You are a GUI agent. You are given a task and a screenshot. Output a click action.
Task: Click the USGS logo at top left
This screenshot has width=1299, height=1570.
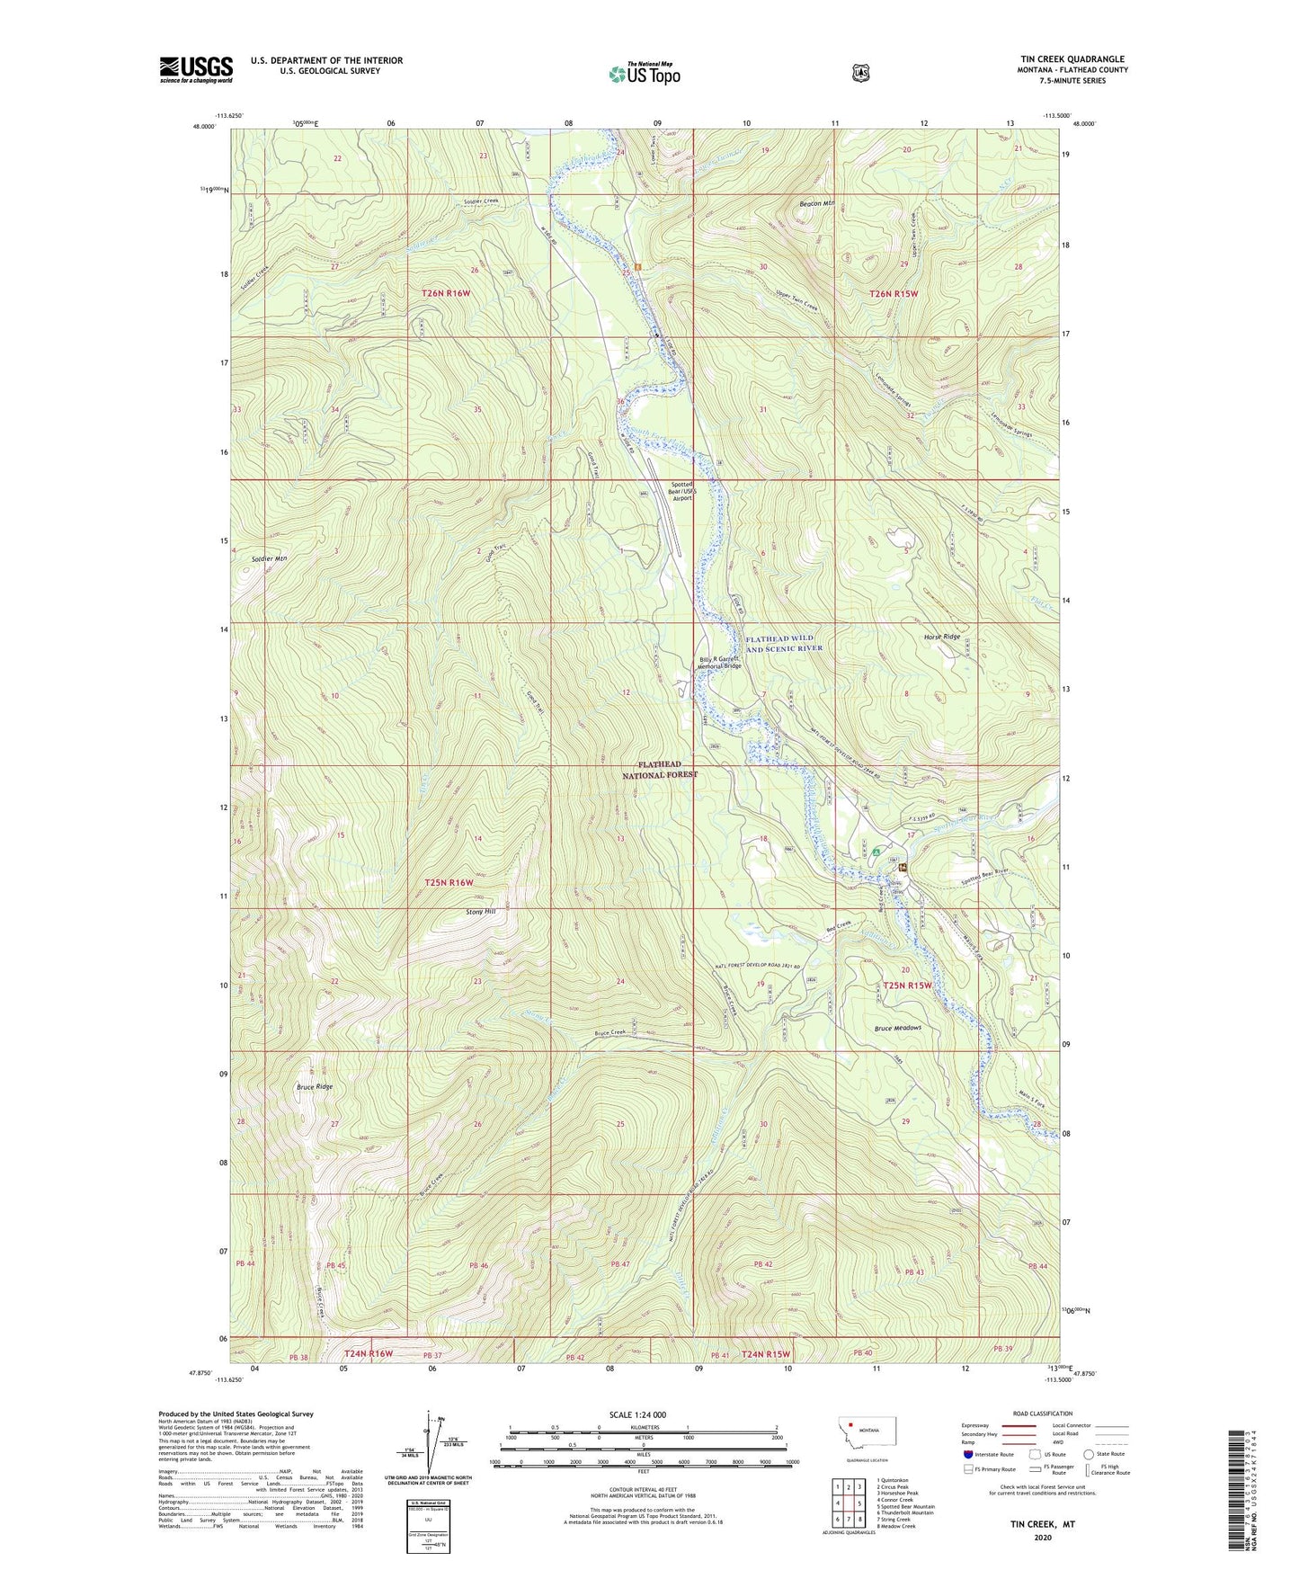click(196, 69)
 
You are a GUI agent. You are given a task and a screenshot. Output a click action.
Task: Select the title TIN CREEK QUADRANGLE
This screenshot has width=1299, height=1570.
click(1067, 59)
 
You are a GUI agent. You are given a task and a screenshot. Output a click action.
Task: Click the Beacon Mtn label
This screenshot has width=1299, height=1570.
click(817, 204)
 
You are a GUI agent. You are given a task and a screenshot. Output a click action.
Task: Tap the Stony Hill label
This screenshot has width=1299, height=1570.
click(481, 912)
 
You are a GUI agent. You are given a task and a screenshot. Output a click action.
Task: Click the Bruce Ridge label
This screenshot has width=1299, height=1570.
click(315, 1086)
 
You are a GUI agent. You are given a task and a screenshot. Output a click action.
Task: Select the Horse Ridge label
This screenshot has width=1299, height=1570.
click(942, 637)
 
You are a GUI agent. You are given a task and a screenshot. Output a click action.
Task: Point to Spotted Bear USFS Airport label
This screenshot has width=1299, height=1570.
click(682, 491)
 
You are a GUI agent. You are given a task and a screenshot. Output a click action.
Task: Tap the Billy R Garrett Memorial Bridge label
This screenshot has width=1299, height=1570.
click(720, 663)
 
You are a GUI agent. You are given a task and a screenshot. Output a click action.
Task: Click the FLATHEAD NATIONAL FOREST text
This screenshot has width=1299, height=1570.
click(661, 769)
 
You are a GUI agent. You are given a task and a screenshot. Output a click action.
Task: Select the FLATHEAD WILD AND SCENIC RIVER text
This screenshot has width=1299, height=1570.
click(784, 644)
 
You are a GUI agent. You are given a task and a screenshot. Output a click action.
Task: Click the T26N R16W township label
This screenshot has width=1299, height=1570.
click(446, 293)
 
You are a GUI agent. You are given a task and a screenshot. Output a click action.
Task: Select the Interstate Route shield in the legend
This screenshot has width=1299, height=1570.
click(967, 1454)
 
